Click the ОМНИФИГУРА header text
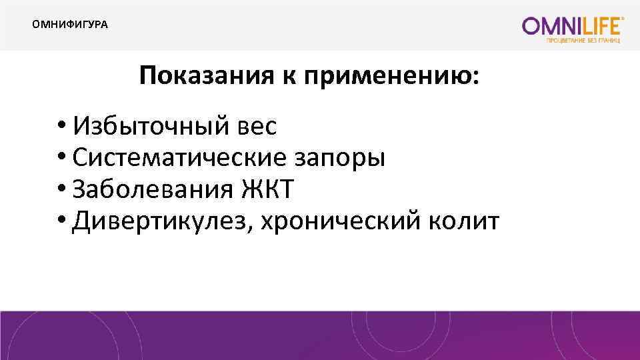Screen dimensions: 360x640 click(x=70, y=25)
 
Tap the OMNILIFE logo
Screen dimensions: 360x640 click(x=573, y=26)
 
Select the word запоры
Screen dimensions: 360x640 click(x=340, y=159)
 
